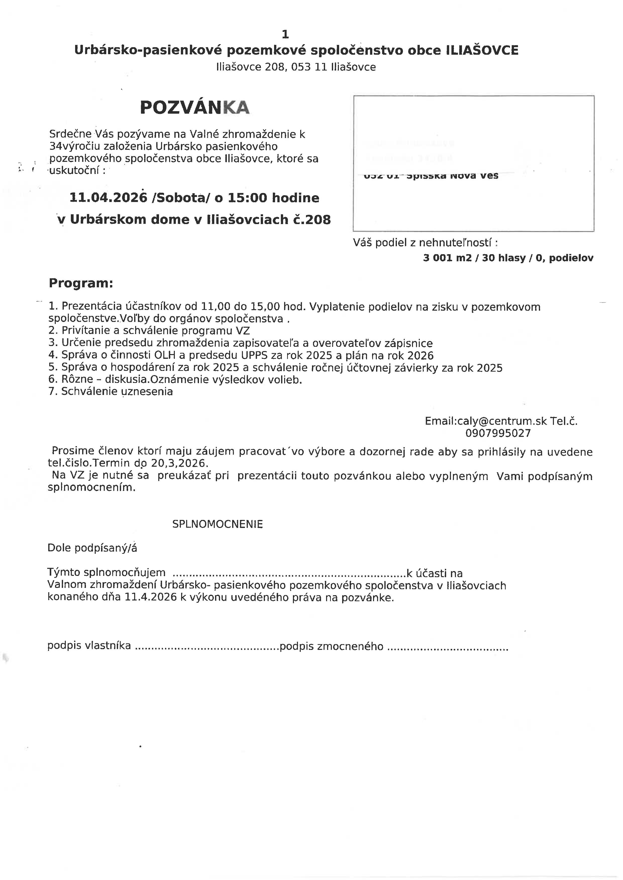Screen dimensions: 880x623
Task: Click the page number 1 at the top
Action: [x=285, y=34]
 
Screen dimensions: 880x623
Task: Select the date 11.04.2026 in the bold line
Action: [x=108, y=198]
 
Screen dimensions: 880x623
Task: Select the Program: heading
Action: [x=81, y=283]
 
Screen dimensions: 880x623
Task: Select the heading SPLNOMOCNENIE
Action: [x=218, y=524]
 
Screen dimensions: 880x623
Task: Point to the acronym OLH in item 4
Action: [x=164, y=355]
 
